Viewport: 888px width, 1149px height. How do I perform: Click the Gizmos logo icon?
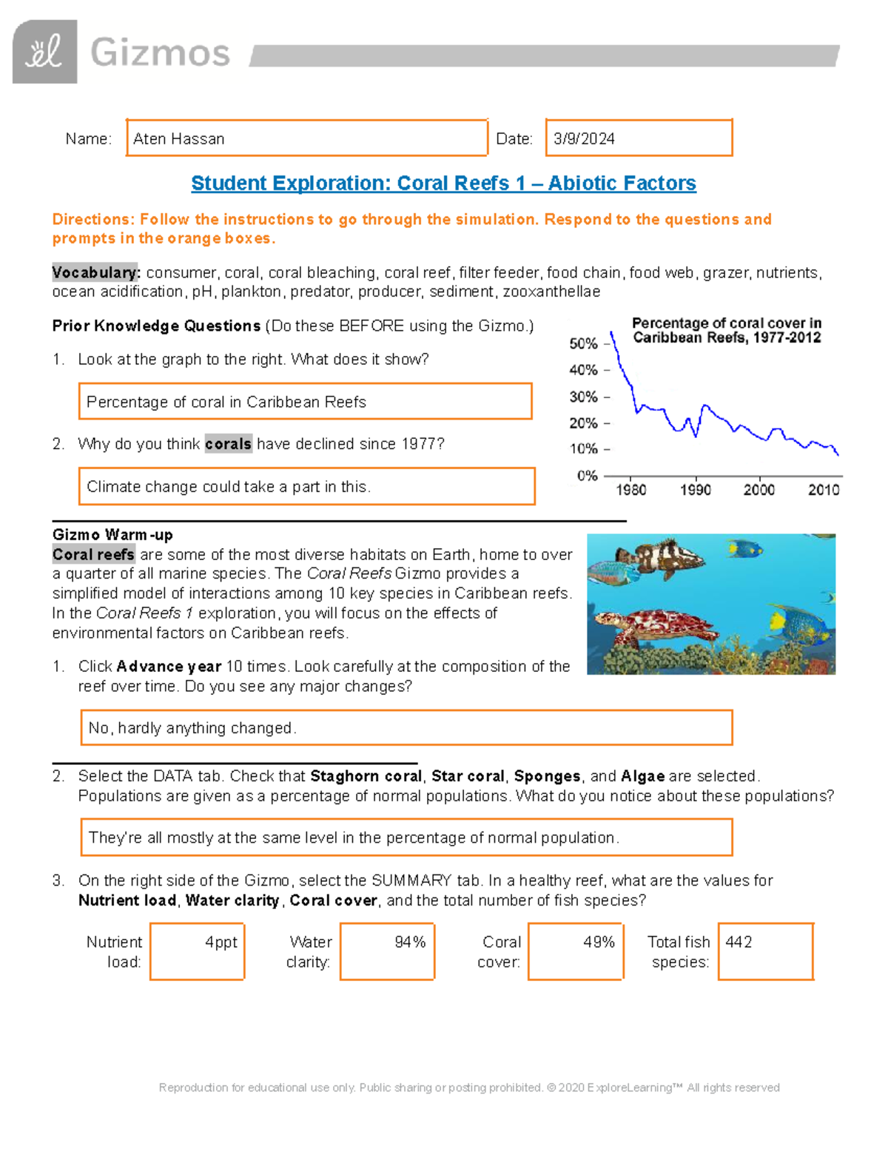[44, 52]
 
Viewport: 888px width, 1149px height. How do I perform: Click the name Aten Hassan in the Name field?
[179, 139]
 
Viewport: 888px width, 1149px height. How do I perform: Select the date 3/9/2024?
[584, 139]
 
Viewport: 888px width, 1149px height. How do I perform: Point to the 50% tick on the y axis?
[584, 344]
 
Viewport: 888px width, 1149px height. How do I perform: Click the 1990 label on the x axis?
[695, 490]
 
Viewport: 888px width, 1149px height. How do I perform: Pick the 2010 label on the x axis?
[823, 490]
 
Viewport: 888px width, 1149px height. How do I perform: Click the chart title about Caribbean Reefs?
[727, 331]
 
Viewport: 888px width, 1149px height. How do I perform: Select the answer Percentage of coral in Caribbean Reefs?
[226, 402]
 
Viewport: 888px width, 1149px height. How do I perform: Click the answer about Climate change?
[229, 487]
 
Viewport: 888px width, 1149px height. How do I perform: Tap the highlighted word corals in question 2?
[228, 444]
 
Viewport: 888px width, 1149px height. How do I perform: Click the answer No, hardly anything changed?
[192, 728]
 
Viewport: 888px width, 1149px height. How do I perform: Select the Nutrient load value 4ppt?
[221, 942]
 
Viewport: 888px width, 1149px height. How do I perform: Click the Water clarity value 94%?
[410, 942]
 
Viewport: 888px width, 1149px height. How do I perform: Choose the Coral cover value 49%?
[599, 942]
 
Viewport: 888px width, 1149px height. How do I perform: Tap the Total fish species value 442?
[739, 942]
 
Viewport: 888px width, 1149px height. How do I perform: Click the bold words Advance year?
[169, 667]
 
